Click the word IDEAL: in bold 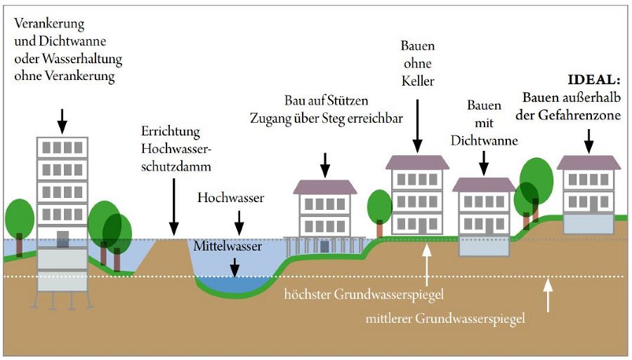[593, 80]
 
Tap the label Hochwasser [230, 198]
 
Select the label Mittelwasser [228, 246]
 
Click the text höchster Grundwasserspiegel [364, 294]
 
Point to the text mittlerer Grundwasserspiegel [445, 319]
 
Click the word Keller [418, 81]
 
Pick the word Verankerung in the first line [49, 24]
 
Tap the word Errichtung [171, 132]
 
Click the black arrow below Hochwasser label [239, 223]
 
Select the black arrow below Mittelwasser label [234, 267]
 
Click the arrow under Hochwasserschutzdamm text [173, 207]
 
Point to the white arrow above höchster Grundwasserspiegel [427, 265]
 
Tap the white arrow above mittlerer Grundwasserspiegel [547, 295]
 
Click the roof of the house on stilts [325, 187]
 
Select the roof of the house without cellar [417, 162]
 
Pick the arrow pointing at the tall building [62, 121]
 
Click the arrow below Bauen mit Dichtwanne [484, 163]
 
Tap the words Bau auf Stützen [326, 100]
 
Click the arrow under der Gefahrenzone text [589, 141]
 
